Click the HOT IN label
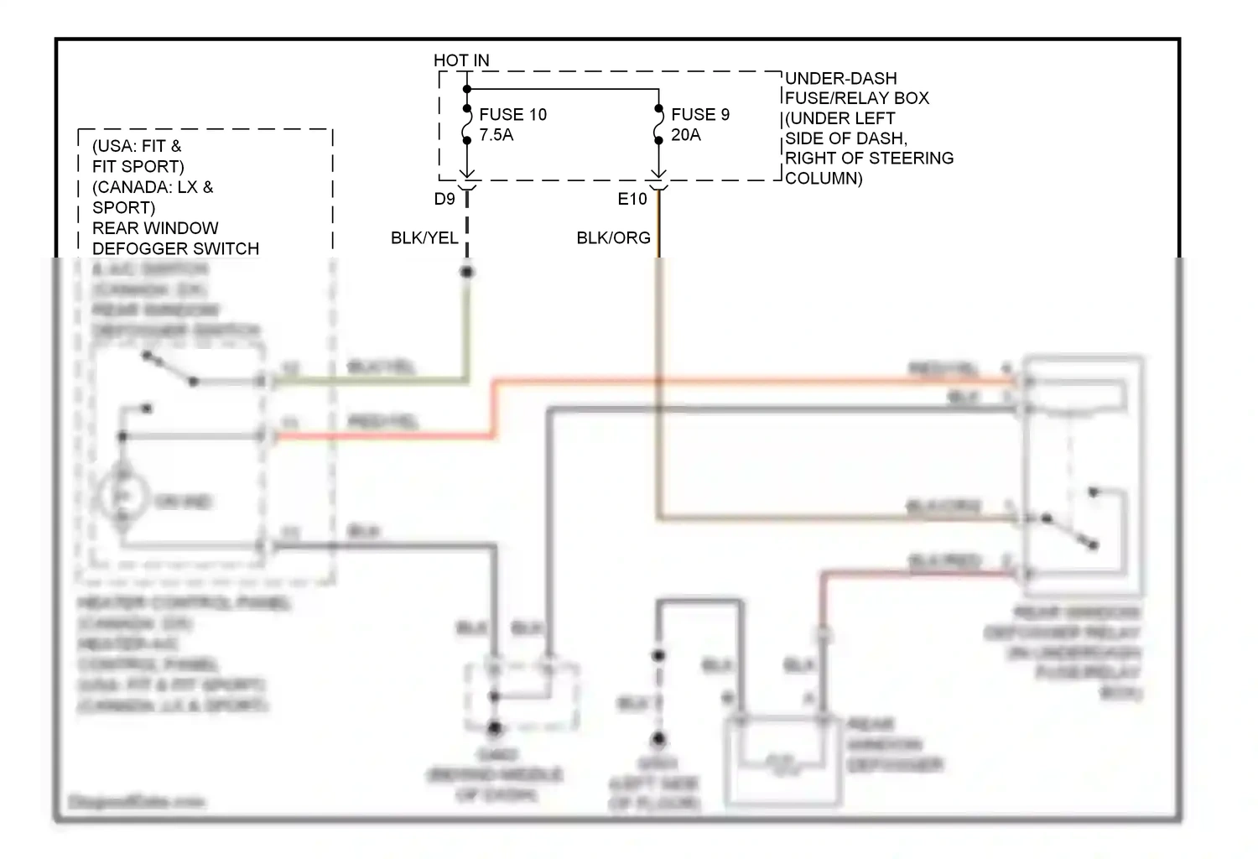click(x=461, y=60)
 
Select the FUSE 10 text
click(x=512, y=114)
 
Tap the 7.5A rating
click(x=496, y=135)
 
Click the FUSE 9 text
click(x=700, y=114)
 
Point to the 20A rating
click(x=686, y=135)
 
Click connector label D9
click(x=444, y=200)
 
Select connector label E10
click(x=632, y=200)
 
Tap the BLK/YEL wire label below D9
click(x=424, y=238)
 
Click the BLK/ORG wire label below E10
click(x=613, y=238)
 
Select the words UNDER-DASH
click(x=841, y=79)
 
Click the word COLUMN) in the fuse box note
click(x=824, y=179)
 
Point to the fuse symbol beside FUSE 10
click(x=467, y=128)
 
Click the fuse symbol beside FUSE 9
click(x=658, y=128)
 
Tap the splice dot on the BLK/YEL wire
click(x=467, y=272)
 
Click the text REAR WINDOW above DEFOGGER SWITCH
click(x=155, y=228)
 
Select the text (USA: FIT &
click(x=137, y=146)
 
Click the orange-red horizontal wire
click(x=755, y=381)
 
